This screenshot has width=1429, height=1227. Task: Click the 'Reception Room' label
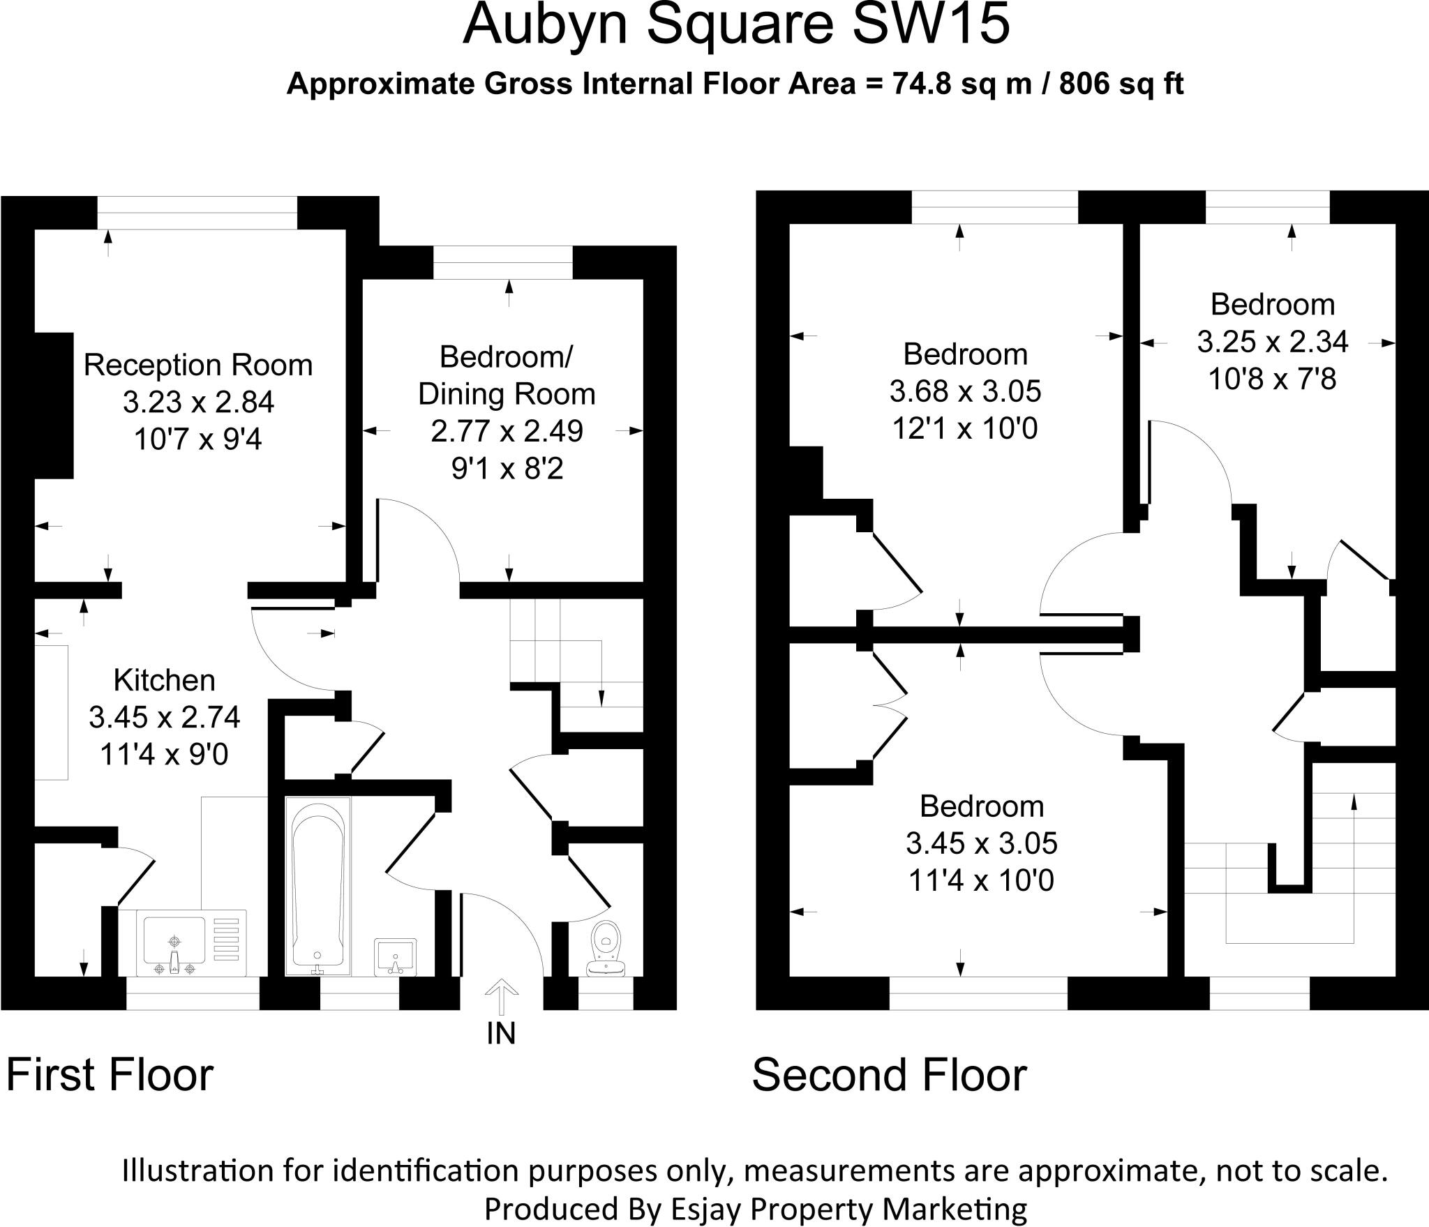[x=198, y=366]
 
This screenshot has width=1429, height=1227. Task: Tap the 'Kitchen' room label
[x=164, y=680]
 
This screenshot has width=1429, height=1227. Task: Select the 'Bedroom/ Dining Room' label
[x=507, y=375]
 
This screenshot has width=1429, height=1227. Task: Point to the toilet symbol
[x=606, y=947]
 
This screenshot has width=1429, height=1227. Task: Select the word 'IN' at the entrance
[x=501, y=1033]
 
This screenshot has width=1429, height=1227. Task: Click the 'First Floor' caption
[x=110, y=1075]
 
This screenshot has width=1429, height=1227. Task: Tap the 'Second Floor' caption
[x=889, y=1075]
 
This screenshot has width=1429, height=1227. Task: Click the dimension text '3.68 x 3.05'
[x=965, y=391]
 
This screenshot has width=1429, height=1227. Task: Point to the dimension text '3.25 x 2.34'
[x=1273, y=342]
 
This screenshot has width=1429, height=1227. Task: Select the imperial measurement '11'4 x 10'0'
[x=981, y=881]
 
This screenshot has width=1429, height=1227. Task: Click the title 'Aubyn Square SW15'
[x=736, y=25]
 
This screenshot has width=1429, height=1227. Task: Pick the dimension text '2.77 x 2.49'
[x=507, y=431]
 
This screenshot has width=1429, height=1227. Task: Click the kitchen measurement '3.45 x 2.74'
[x=164, y=717]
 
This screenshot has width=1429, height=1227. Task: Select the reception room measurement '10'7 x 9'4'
[x=198, y=439]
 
